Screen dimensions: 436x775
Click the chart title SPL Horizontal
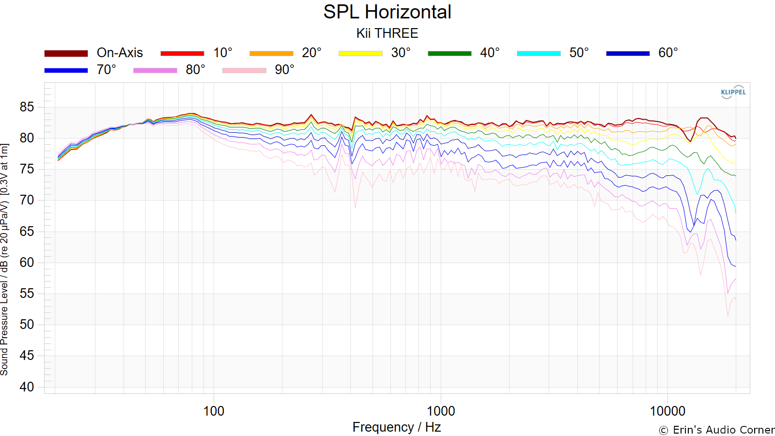click(x=387, y=12)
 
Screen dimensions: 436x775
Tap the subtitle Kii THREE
click(x=387, y=33)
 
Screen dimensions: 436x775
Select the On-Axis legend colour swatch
click(x=66, y=53)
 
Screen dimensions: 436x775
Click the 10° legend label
click(x=223, y=53)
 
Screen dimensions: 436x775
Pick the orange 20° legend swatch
click(x=271, y=53)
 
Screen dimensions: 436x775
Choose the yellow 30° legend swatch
click(x=360, y=53)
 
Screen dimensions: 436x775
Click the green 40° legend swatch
click(x=449, y=53)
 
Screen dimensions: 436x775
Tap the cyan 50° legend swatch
click(x=539, y=53)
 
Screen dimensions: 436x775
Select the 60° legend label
click(x=668, y=53)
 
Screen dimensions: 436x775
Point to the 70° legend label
click(x=107, y=70)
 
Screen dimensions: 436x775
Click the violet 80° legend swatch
click(x=155, y=70)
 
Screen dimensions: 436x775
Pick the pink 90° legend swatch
click(x=244, y=70)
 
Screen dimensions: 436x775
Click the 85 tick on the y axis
click(x=27, y=107)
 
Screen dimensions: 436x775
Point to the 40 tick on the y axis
click(x=27, y=387)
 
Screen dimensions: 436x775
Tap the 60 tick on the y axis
click(x=27, y=263)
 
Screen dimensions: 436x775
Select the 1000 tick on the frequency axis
click(x=441, y=411)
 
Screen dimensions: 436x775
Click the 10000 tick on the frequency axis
click(x=667, y=411)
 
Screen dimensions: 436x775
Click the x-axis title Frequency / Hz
click(x=396, y=427)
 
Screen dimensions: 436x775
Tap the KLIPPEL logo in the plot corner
click(x=733, y=92)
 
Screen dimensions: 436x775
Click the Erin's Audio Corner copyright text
click(x=716, y=430)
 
